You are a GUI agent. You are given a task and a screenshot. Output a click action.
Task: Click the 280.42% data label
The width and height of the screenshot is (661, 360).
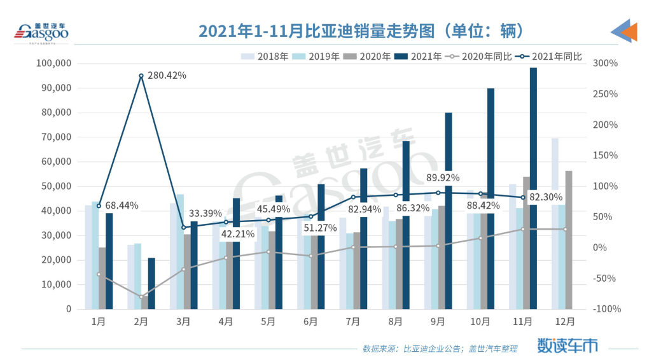[x=167, y=76]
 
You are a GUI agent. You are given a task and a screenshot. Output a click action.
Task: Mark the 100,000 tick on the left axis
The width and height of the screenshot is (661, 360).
[x=55, y=63]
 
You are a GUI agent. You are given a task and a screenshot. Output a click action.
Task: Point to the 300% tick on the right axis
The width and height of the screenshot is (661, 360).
[x=604, y=63]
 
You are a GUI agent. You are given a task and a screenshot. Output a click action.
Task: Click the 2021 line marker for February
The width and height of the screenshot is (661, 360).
[x=141, y=76]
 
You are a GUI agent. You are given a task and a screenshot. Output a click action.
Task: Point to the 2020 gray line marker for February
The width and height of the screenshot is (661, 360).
[x=141, y=296]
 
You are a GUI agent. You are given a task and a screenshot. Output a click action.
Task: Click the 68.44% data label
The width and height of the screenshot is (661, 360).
[x=122, y=205]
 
